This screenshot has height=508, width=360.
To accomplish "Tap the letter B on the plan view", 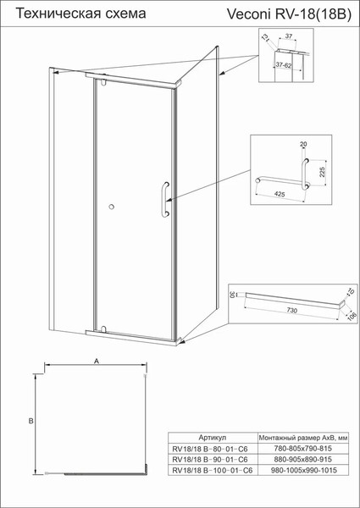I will click(x=29, y=420).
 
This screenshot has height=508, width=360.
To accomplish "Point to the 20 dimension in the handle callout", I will click(x=302, y=145).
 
